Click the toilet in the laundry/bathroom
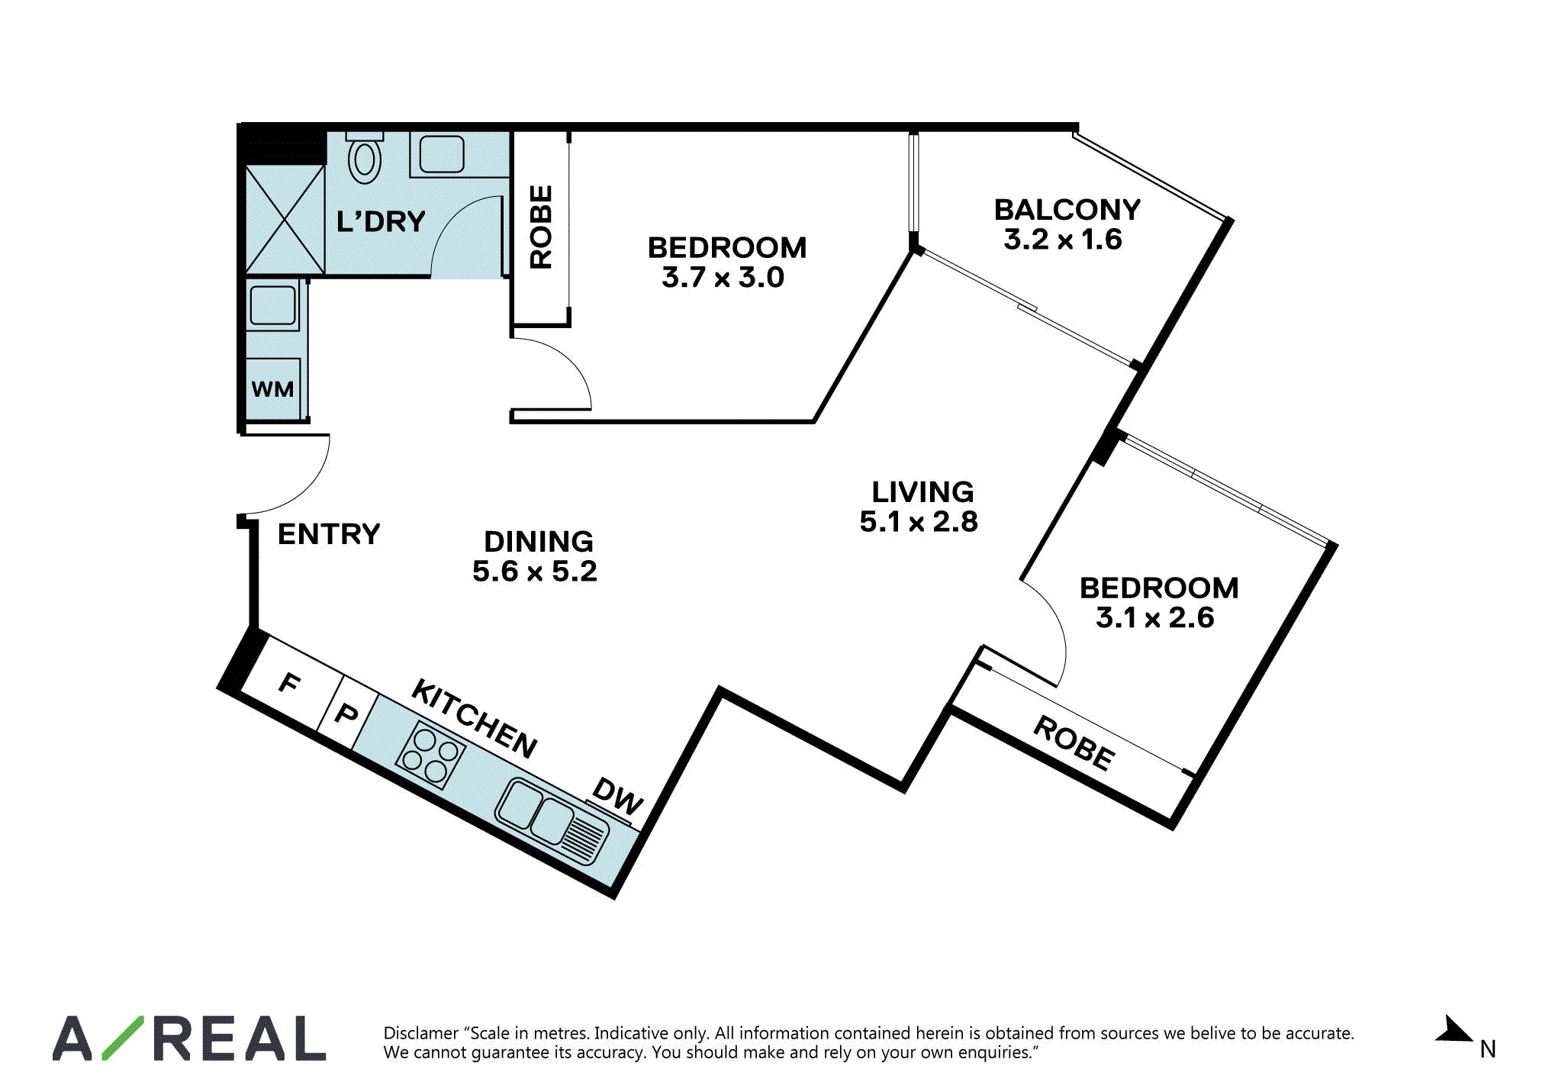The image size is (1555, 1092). (x=365, y=158)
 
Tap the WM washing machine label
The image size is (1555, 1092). (x=272, y=389)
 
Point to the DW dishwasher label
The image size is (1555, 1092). (x=618, y=796)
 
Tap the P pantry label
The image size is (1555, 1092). (x=347, y=714)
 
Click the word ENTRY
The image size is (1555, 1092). (x=329, y=534)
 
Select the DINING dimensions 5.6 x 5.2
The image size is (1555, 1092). (x=535, y=572)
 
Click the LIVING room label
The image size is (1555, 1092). (x=922, y=492)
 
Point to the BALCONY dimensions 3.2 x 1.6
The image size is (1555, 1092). (x=1063, y=240)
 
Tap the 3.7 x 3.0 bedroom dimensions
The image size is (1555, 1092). (x=723, y=278)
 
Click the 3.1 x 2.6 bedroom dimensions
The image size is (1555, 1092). (x=1154, y=618)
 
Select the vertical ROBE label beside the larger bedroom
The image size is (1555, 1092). (x=541, y=227)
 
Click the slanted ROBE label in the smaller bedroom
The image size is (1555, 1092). (x=1074, y=743)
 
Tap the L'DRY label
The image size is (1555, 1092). (x=381, y=222)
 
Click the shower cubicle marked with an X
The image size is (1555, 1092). (x=285, y=220)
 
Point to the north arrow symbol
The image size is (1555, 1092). (x=1454, y=1029)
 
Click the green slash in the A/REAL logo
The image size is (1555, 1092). (x=123, y=1038)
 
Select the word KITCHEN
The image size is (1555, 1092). (x=475, y=719)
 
